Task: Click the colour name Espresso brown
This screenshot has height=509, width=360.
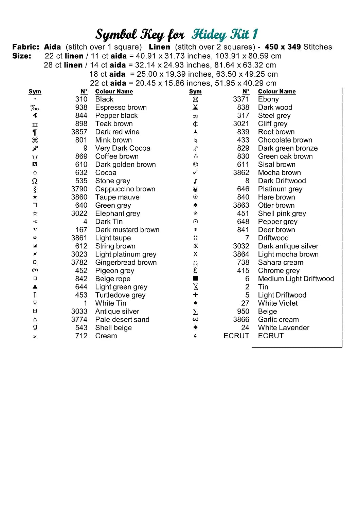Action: click(x=121, y=108)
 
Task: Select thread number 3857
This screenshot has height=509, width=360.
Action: click(x=79, y=132)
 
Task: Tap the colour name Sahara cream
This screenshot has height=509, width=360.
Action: click(x=281, y=263)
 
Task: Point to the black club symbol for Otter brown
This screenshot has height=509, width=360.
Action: click(x=195, y=205)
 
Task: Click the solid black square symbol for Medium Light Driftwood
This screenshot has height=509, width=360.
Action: click(x=195, y=279)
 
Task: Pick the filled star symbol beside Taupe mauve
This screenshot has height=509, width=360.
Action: click(x=35, y=197)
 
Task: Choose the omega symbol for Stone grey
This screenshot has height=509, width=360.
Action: click(x=35, y=181)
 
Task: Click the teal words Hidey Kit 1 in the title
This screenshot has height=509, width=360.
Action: click(x=225, y=34)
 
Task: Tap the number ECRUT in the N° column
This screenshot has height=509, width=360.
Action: click(x=236, y=336)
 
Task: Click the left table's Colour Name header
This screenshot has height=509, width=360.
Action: click(x=114, y=92)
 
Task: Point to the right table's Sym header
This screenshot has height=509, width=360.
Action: click(x=195, y=92)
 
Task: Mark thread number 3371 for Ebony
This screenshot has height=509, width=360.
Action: click(x=241, y=99)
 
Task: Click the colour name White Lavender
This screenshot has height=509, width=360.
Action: click(x=284, y=328)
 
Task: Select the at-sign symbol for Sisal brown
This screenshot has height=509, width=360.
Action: click(x=195, y=165)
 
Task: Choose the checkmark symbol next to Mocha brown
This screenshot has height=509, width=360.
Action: click(x=195, y=173)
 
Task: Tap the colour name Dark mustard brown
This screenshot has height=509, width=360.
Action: click(x=127, y=230)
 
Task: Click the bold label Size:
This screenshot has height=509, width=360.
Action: click(x=22, y=56)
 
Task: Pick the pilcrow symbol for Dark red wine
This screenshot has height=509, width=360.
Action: click(x=35, y=132)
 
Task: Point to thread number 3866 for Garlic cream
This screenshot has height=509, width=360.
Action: click(x=241, y=320)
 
